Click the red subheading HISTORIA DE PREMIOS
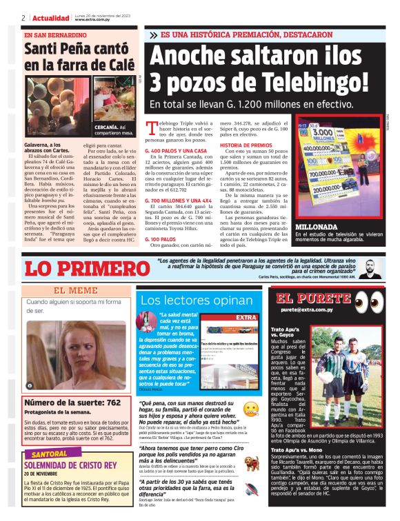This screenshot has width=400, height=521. click(x=246, y=145)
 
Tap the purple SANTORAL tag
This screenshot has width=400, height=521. click(x=49, y=454)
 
